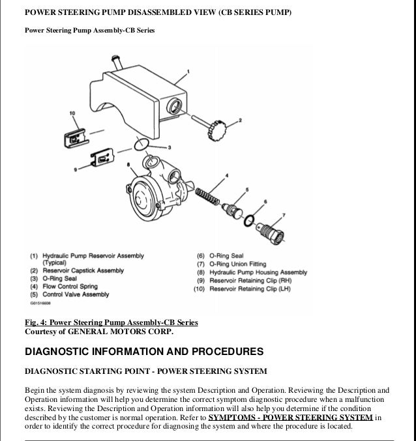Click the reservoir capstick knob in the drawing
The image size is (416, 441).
click(x=215, y=131)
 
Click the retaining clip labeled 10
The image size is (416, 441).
click(x=74, y=137)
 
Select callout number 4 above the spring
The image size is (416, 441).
click(x=226, y=176)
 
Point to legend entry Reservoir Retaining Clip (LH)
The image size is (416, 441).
click(x=241, y=289)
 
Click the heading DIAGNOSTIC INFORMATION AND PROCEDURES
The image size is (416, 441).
click(x=143, y=352)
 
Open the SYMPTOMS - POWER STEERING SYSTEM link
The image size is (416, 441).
click(x=290, y=418)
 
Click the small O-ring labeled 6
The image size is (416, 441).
click(x=249, y=221)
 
